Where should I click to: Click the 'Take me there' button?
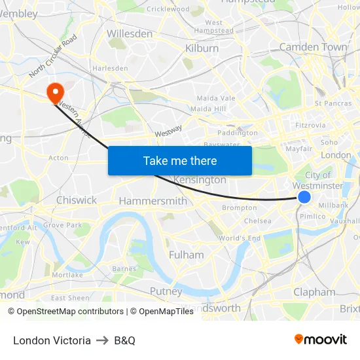[180, 160]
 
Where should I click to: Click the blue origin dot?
[304, 197]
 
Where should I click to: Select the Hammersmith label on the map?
[153, 201]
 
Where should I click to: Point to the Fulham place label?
[187, 255]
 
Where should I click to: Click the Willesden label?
[130, 33]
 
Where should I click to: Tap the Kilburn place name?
[202, 48]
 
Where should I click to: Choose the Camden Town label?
[314, 47]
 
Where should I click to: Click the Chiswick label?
[77, 200]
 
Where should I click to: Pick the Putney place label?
[166, 291]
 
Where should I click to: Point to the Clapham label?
[314, 292]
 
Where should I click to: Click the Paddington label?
[238, 132]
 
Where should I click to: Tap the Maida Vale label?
[216, 98]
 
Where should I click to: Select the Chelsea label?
[257, 221]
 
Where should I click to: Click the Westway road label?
[168, 132]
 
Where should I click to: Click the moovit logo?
[321, 340]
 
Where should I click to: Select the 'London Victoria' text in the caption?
[52, 340]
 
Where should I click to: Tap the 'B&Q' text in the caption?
[124, 340]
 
